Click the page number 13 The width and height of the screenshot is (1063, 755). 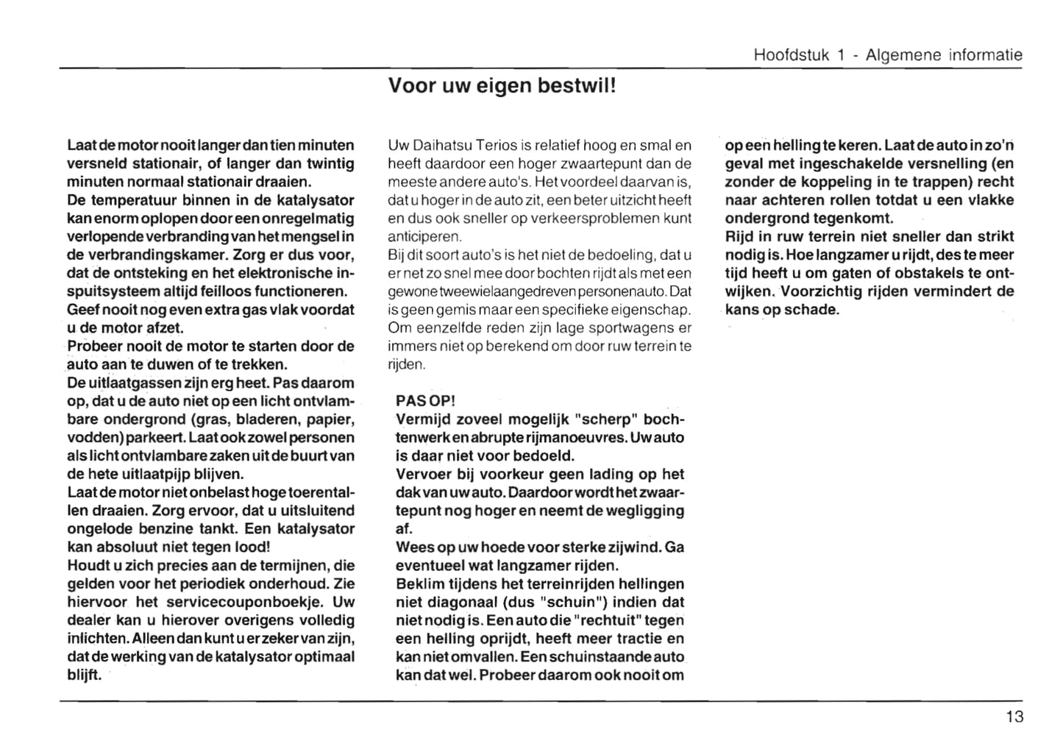pyautogui.click(x=1014, y=717)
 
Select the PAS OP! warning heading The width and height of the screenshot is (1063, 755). pyautogui.click(x=425, y=401)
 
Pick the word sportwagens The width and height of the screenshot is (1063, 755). pyautogui.click(x=613, y=328)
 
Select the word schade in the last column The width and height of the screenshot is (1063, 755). pyautogui.click(x=811, y=309)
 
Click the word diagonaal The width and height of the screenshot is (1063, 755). pyautogui.click(x=459, y=603)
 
